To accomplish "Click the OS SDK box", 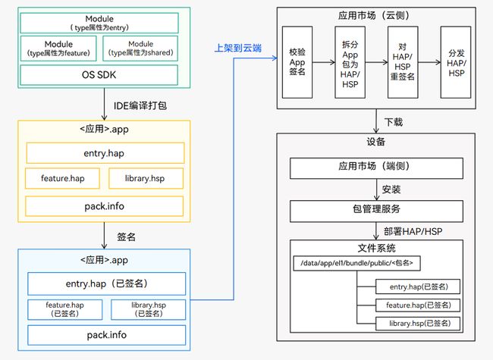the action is (x=99, y=75).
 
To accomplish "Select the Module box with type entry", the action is (x=99, y=23).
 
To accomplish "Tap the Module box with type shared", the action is (x=140, y=49).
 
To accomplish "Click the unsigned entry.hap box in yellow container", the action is (x=105, y=153).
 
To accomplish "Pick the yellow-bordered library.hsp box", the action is (x=146, y=178).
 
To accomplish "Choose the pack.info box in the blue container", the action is (x=107, y=335).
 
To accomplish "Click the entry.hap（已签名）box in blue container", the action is (x=107, y=283).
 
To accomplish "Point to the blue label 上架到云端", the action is (x=238, y=48).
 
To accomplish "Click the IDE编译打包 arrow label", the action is (x=140, y=105).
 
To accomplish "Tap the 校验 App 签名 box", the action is (x=297, y=62).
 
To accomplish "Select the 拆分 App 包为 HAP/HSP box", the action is (x=350, y=62).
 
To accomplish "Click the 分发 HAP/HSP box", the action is (x=456, y=62).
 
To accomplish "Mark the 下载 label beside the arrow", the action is (x=394, y=122).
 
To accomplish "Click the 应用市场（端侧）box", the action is (x=376, y=168).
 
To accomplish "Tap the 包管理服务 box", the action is (x=376, y=211).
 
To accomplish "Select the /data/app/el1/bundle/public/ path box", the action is (x=357, y=263).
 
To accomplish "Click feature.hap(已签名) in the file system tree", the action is (x=418, y=305).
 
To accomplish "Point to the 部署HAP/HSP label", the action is (x=413, y=231).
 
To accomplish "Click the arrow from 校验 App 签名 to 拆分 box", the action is (x=324, y=62).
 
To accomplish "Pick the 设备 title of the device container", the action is (x=375, y=142).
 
